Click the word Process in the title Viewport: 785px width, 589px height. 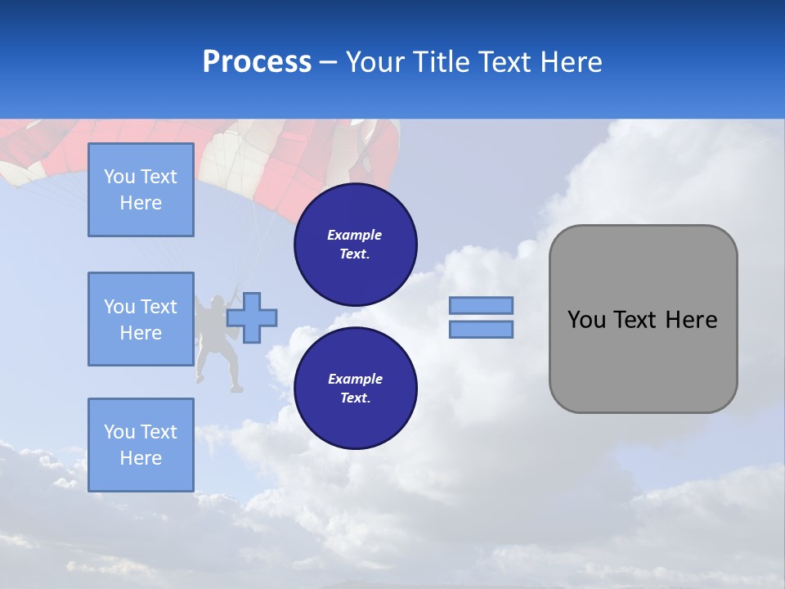coord(257,62)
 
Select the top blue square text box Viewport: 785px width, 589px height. coord(141,190)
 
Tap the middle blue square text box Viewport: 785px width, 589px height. coord(141,319)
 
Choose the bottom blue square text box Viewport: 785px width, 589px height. coord(141,445)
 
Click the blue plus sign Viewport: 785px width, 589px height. coord(252,318)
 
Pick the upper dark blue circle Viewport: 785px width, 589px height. coord(355,245)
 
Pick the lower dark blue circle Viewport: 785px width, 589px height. coord(355,389)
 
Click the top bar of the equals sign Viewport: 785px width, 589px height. coord(481,306)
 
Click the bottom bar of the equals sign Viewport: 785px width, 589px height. coord(481,330)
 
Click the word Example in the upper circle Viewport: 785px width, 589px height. coord(355,235)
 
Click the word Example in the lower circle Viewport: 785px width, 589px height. coord(355,379)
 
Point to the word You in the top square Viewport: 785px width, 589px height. coord(119,177)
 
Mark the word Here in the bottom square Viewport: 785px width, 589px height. coord(141,458)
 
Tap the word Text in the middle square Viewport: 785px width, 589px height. coord(159,307)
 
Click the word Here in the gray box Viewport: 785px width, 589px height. coord(691,320)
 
